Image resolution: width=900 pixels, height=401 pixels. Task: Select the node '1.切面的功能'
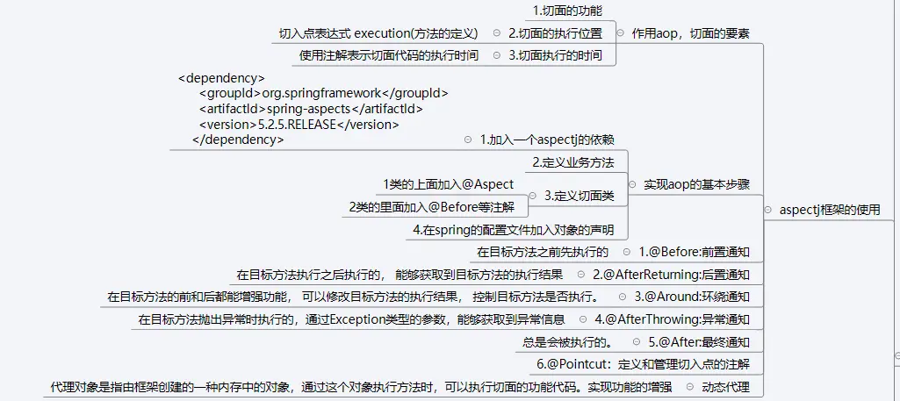click(x=566, y=11)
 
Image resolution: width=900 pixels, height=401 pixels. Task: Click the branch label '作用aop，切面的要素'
click(x=690, y=33)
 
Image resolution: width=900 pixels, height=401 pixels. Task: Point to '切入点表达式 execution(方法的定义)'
click(x=378, y=33)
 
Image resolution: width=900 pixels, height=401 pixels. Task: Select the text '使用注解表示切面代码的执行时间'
click(x=389, y=55)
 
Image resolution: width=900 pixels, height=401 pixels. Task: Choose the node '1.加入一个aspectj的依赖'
click(x=546, y=140)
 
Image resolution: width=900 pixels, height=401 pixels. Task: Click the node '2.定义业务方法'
click(x=572, y=162)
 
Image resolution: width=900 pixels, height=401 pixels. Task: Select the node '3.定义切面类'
click(x=579, y=196)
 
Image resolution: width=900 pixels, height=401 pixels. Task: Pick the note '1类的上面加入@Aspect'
click(x=448, y=184)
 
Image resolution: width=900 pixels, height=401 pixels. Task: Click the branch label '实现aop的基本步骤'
click(x=696, y=184)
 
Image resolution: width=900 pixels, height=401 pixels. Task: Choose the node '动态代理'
click(x=726, y=386)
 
